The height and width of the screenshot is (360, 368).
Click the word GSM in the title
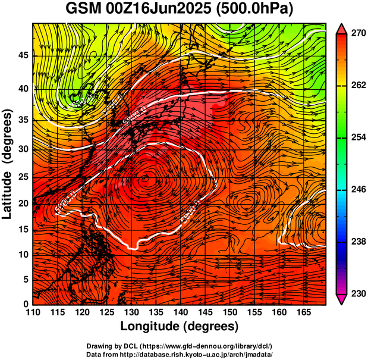[x=83, y=9]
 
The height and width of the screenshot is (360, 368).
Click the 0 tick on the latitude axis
[x=26, y=304]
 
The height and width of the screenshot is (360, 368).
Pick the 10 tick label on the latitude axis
[x=23, y=254]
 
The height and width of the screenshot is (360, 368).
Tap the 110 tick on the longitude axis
[x=33, y=313]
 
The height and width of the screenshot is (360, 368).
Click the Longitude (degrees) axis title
[x=180, y=327]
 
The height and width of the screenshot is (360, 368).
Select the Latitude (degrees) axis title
[x=8, y=164]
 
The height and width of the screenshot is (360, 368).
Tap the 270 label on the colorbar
[x=357, y=34]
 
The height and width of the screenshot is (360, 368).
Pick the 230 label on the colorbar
[x=357, y=293]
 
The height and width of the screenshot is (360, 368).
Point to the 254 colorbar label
[x=357, y=137]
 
